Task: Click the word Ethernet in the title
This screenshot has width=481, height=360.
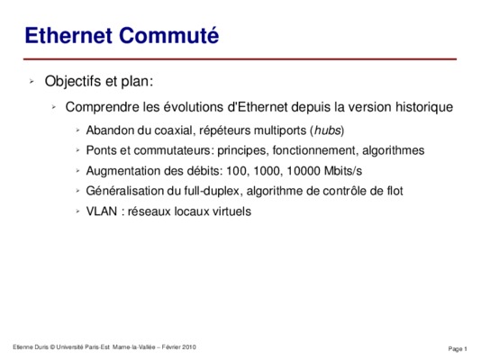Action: [x=68, y=35]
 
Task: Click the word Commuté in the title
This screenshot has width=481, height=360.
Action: [x=168, y=35]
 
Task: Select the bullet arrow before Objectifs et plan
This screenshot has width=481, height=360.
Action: [x=32, y=82]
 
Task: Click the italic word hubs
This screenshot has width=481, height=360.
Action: [x=328, y=130]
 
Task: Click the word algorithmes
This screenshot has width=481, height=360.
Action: [x=394, y=150]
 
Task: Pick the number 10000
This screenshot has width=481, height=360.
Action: [x=304, y=171]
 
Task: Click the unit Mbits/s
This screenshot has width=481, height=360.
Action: [x=343, y=171]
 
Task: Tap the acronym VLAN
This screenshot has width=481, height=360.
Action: [x=102, y=211]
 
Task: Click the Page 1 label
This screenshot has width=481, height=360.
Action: [x=458, y=348]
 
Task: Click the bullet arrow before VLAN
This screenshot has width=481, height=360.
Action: [x=78, y=211]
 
